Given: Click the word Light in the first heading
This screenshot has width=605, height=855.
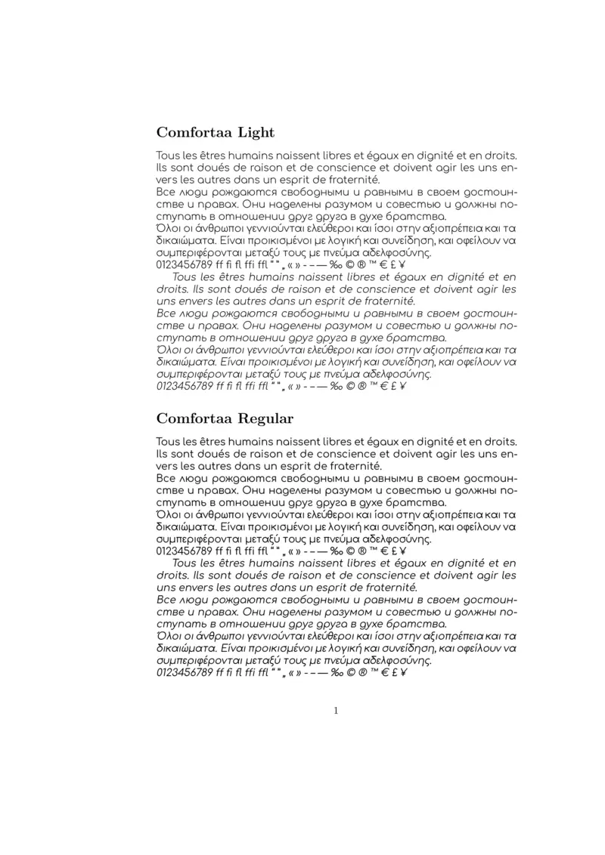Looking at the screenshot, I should click(x=256, y=133).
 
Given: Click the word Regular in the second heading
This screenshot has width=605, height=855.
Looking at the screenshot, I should click(x=266, y=418).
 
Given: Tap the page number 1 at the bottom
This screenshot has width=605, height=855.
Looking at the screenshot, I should click(x=336, y=710).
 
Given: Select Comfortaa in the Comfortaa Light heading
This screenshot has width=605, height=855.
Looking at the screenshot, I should click(x=194, y=133).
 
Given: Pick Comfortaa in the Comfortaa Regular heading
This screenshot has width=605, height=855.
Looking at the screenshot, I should click(x=194, y=418).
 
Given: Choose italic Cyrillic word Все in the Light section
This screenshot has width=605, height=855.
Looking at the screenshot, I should click(x=166, y=313).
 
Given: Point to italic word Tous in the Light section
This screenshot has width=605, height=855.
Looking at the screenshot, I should click(x=185, y=277).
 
